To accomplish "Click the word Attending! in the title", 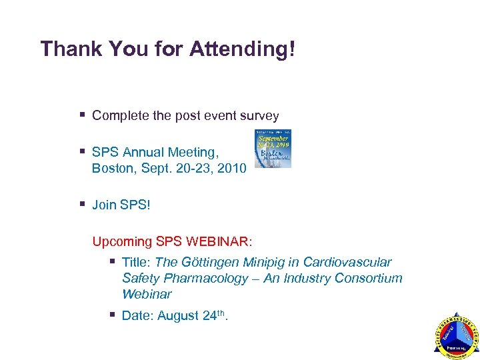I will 242,49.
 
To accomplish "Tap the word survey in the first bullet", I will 258,116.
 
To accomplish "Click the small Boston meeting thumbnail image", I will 273,148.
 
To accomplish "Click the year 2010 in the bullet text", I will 232,168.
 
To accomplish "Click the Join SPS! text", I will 121,205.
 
